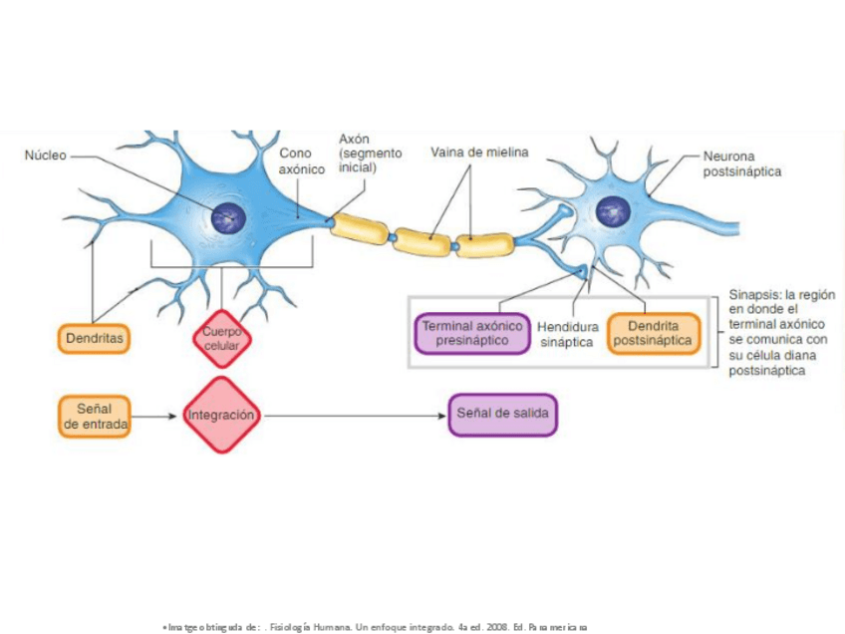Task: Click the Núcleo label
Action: [46, 156]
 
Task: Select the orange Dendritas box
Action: [95, 339]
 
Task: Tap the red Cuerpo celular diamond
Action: [221, 338]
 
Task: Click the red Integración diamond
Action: [221, 414]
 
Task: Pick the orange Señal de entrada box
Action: [95, 416]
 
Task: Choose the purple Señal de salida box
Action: [502, 414]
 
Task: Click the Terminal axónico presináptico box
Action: [471, 333]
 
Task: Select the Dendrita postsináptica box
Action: [653, 333]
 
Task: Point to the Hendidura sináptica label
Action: [567, 334]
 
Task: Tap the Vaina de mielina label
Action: [479, 153]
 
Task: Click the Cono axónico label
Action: [301, 161]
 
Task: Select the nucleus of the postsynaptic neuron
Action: [612, 210]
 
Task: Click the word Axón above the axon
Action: [355, 139]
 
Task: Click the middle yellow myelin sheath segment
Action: [422, 242]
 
